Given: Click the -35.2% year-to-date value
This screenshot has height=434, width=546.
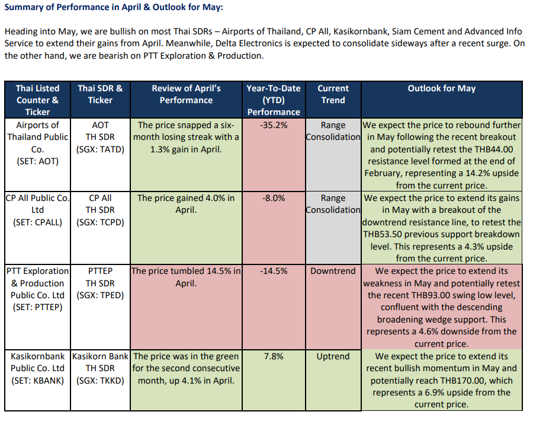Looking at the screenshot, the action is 274,125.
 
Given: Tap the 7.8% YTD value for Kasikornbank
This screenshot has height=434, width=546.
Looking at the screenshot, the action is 274,356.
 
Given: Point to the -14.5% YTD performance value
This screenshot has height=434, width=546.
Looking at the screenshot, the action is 274,271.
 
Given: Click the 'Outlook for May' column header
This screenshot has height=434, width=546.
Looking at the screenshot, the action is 442,88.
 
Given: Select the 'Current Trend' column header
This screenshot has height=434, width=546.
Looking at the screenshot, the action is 333,94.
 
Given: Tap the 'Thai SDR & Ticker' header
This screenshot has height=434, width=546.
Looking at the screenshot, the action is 100,94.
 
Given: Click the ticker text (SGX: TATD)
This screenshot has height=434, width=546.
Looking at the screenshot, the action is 100,149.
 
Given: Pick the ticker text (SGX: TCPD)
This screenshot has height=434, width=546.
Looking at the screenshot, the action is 100,222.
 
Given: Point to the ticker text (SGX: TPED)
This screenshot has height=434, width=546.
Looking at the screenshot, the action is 100,295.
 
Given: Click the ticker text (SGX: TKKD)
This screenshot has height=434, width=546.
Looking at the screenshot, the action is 100,380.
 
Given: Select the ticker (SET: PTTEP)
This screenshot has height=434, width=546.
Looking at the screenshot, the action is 38,307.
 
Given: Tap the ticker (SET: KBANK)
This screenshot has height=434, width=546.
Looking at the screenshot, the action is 38,380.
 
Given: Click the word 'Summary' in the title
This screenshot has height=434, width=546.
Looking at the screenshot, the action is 24,7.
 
